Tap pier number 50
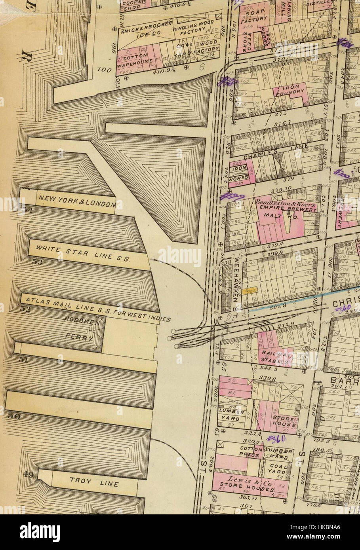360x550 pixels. [x=13, y=416]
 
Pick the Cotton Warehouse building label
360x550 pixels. [x=135, y=59]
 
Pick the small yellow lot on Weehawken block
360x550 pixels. [x=250, y=291]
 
